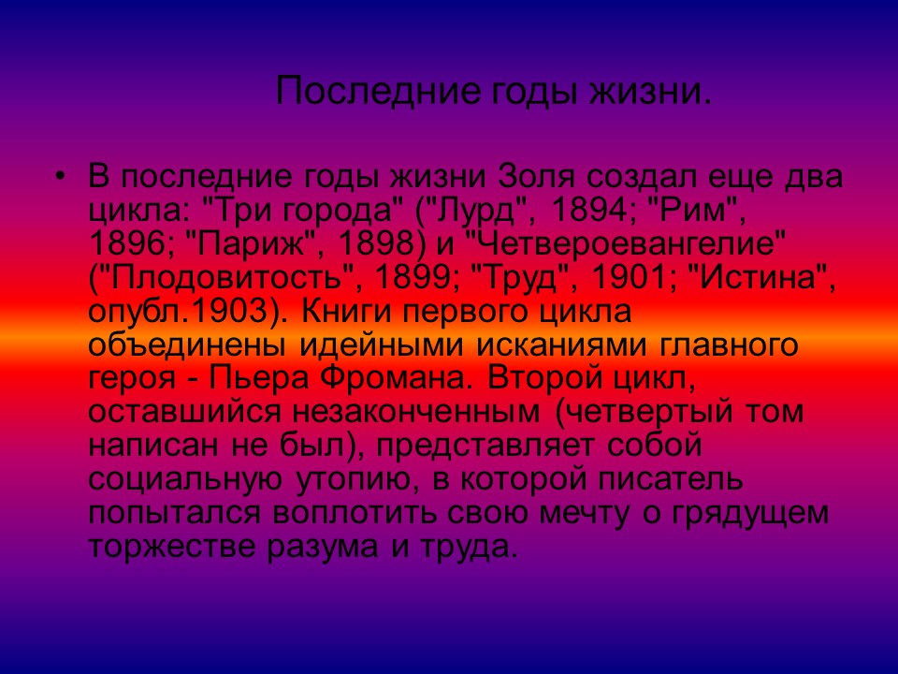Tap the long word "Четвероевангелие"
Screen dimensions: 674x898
[631, 243]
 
